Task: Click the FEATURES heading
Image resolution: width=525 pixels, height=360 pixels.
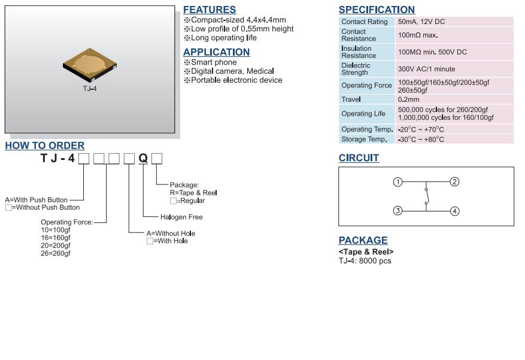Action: coord(210,10)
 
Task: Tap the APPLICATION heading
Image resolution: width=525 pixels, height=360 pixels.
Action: coord(216,52)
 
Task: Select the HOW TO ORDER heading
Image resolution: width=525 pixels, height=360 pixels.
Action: coord(45,146)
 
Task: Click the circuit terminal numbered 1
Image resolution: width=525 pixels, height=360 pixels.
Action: coord(397,182)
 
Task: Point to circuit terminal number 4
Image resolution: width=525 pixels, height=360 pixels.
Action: coord(454,211)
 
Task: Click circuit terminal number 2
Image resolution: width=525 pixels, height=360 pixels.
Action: coord(454,182)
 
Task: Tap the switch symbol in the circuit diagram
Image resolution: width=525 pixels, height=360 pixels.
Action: coord(426,196)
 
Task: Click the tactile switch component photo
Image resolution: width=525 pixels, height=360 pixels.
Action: coord(90,66)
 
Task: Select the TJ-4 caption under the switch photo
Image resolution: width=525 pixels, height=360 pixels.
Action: coord(90,89)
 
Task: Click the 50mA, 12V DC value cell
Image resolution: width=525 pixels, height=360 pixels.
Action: coord(421,22)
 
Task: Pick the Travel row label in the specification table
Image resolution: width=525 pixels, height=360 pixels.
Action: coord(351,99)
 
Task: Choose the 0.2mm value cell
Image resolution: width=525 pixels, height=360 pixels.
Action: coord(409,99)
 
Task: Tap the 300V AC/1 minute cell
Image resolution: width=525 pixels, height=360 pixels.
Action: coord(426,69)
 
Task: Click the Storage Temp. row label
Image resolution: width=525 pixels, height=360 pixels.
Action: coord(363,140)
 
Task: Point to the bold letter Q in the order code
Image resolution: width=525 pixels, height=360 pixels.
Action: coord(143,158)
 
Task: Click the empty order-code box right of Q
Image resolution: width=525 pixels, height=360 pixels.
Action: coord(157,158)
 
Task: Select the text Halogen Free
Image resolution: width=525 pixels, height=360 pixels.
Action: coord(181,217)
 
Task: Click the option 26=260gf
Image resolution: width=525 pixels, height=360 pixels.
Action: coord(56,253)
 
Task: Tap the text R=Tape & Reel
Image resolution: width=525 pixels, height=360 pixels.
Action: coord(193,193)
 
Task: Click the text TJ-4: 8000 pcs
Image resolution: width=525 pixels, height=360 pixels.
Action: coord(365,261)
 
